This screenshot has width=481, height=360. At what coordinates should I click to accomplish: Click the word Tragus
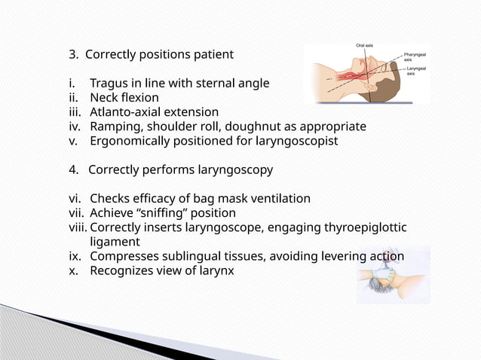click(x=110, y=83)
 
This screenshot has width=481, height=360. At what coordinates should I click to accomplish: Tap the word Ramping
click(x=116, y=126)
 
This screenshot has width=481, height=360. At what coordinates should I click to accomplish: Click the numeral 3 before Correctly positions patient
click(x=72, y=54)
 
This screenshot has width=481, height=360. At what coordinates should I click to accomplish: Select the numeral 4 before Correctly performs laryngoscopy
click(x=72, y=169)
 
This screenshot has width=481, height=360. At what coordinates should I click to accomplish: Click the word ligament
click(x=115, y=242)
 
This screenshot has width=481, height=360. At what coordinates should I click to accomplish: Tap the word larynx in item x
click(x=216, y=270)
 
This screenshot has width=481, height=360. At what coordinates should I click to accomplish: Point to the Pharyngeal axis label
click(x=415, y=57)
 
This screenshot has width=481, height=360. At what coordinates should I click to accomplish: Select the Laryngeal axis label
click(x=415, y=71)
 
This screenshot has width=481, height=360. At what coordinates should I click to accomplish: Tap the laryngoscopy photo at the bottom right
click(x=393, y=274)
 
